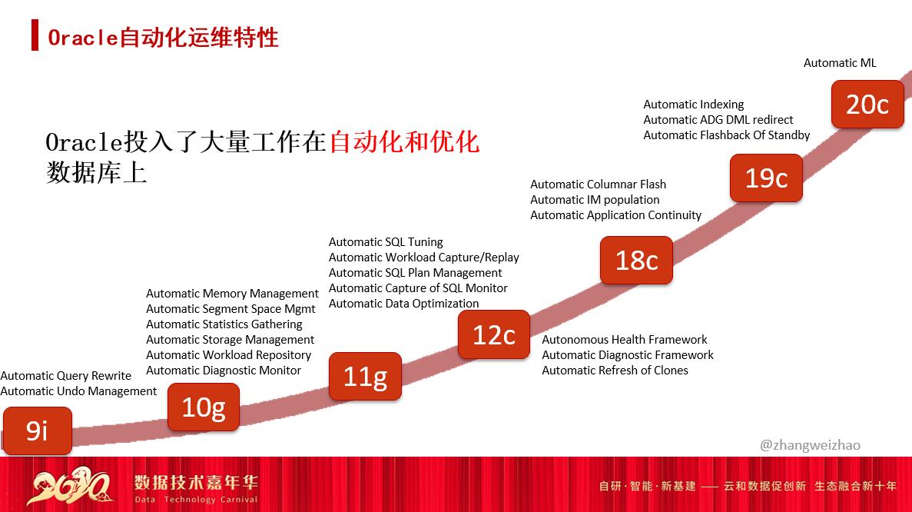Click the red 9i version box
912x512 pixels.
pos(37,431)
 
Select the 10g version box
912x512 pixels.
pos(204,407)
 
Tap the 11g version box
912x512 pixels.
pos(365,377)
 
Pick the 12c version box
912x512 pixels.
pos(493,334)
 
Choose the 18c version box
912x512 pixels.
pos(636,260)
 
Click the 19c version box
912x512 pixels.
pos(766,178)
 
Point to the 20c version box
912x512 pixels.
pos(867,104)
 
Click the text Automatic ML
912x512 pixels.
pos(840,63)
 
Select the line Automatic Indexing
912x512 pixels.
pos(694,105)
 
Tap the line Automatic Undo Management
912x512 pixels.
pos(78,391)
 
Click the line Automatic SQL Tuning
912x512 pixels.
pos(386,242)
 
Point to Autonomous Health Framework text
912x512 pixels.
pos(625,340)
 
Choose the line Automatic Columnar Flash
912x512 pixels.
pos(598,185)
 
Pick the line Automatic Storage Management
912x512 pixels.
pos(230,340)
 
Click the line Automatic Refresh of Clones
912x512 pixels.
pos(615,371)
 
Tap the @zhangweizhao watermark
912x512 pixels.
pos(810,445)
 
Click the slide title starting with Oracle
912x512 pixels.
pos(163,37)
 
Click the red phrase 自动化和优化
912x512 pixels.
pos(404,141)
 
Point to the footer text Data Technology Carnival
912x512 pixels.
pos(196,500)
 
